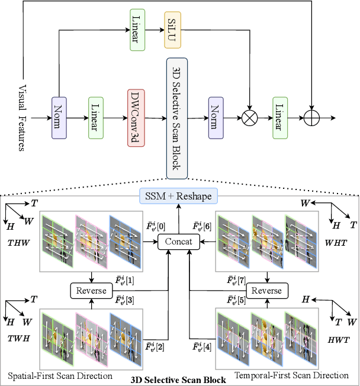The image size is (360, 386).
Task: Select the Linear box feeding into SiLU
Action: pyautogui.click(x=136, y=37)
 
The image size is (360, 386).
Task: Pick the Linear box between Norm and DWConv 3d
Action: pyautogui.click(x=96, y=118)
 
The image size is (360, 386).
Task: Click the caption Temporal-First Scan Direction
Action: pyautogui.click(x=291, y=375)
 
